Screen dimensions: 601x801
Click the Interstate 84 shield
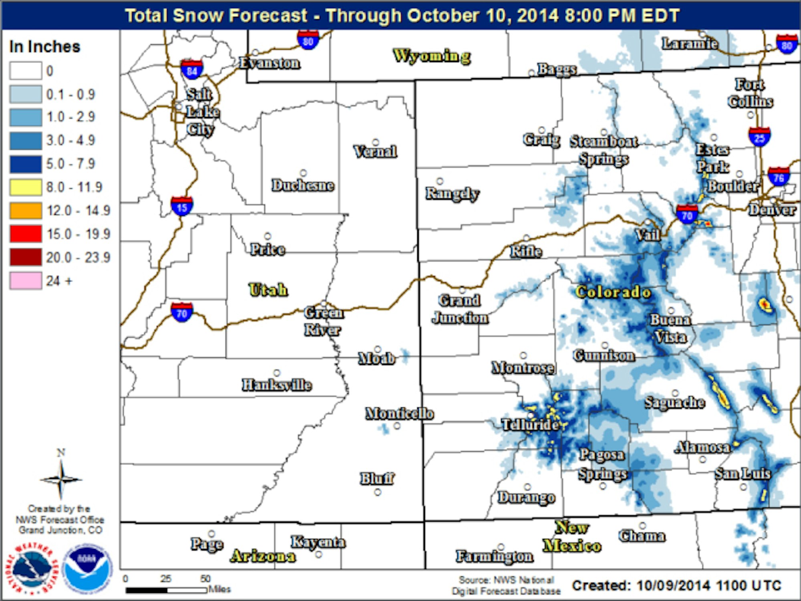pyautogui.click(x=192, y=70)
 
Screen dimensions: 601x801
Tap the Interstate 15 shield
pyautogui.click(x=182, y=207)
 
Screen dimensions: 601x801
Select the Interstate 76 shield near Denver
pyautogui.click(x=779, y=177)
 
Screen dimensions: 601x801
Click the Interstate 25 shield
pyautogui.click(x=759, y=137)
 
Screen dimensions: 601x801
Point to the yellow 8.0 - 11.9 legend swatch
pyautogui.click(x=26, y=187)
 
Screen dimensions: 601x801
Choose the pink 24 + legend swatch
pyautogui.click(x=26, y=280)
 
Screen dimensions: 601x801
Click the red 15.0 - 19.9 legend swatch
pyautogui.click(x=26, y=234)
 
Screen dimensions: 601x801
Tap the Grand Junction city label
pyautogui.click(x=460, y=309)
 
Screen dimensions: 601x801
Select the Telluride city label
pyautogui.click(x=530, y=424)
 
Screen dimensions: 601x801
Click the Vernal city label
pyautogui.click(x=375, y=151)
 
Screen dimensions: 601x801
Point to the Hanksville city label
pyautogui.click(x=277, y=385)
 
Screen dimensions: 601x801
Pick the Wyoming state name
pyautogui.click(x=432, y=56)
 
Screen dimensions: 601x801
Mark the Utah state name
pyautogui.click(x=268, y=290)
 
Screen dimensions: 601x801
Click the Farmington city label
pyautogui.click(x=494, y=556)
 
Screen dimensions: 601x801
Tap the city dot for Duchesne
pyautogui.click(x=304, y=173)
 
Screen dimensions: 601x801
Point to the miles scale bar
pyautogui.click(x=166, y=590)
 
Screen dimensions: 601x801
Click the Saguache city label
pyautogui.click(x=675, y=402)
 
